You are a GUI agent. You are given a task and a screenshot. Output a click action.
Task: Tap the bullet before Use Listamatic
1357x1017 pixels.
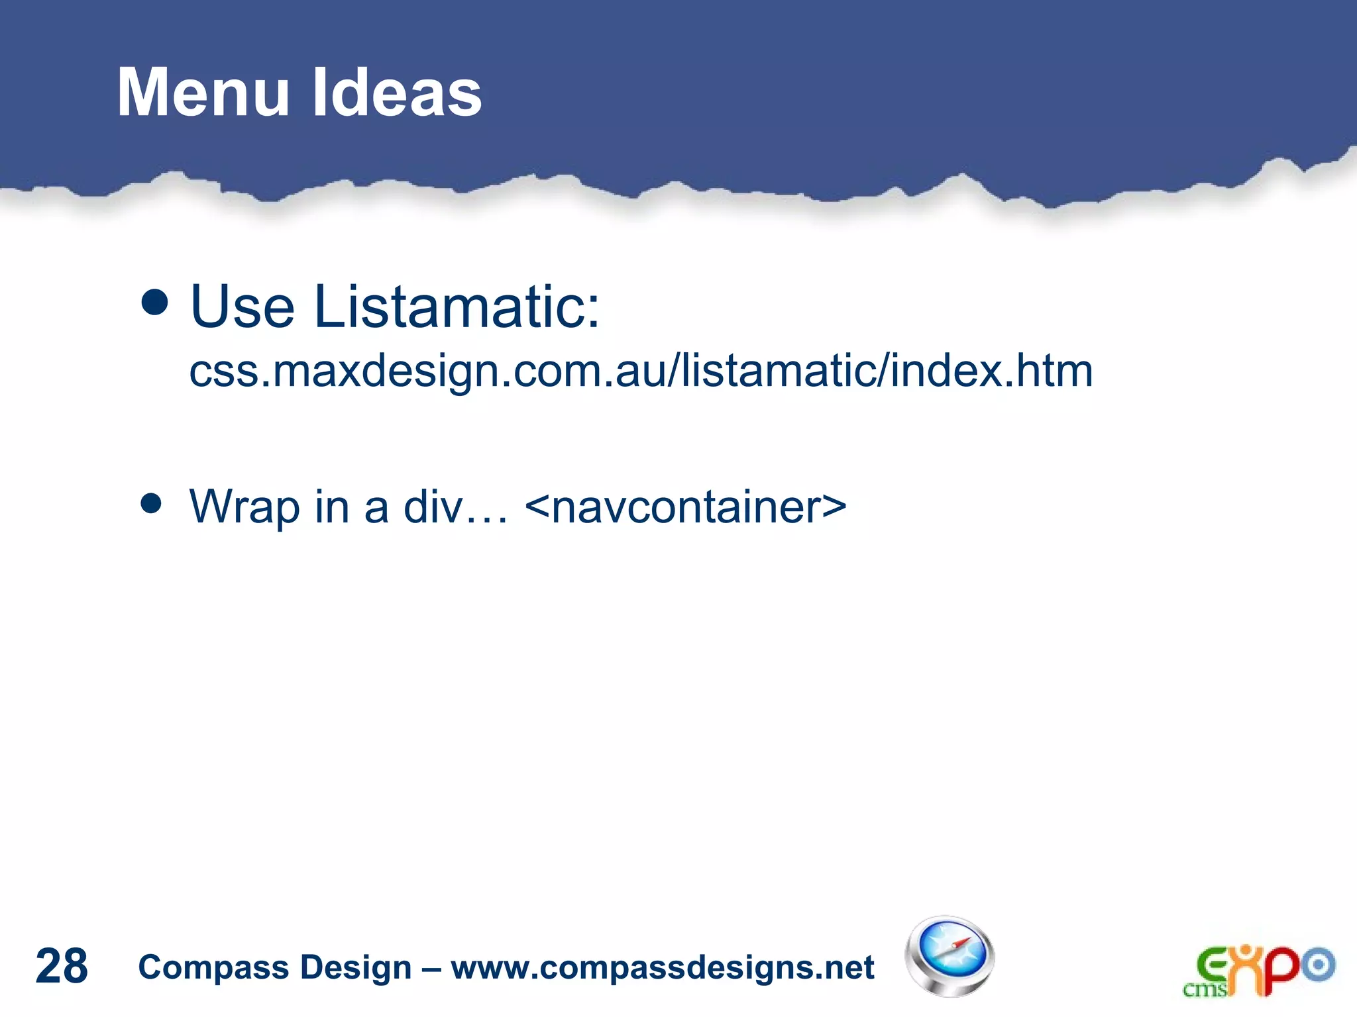point(155,303)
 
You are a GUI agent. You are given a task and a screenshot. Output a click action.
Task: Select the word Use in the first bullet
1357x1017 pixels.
point(242,307)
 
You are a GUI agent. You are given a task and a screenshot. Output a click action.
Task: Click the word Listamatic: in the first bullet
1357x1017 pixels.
point(457,307)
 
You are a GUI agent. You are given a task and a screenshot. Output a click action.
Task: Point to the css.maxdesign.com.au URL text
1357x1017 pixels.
point(641,371)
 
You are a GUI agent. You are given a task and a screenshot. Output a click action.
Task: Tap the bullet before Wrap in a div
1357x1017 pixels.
point(152,503)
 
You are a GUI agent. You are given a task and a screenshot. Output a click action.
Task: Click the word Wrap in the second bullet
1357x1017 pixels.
point(244,507)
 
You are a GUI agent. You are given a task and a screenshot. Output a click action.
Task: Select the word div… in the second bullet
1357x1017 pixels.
point(455,507)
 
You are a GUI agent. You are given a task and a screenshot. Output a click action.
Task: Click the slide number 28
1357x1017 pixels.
point(61,966)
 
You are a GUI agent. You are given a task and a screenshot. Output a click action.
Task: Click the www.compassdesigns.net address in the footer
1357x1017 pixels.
point(663,967)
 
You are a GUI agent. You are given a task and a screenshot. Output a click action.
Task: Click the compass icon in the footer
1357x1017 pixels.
point(950,956)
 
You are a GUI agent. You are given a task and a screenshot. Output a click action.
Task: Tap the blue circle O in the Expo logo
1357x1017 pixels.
point(1319,965)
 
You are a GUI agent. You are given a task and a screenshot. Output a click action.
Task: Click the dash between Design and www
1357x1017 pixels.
point(431,969)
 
